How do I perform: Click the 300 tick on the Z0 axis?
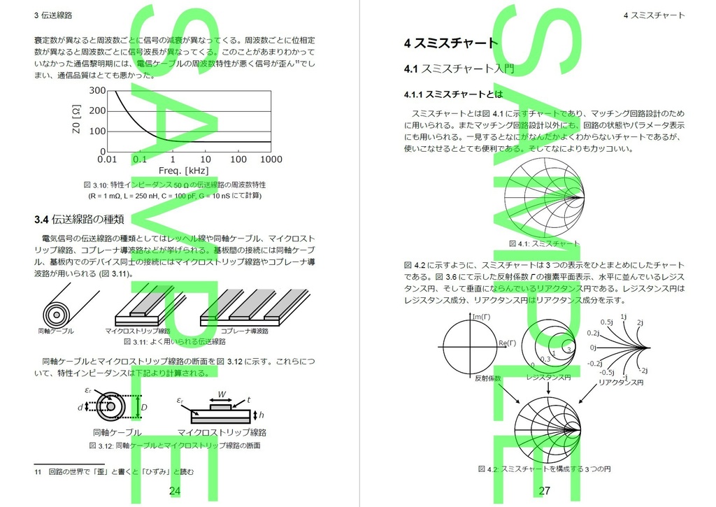click(x=96, y=90)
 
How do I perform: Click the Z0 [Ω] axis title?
click(x=77, y=120)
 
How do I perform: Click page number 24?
click(x=175, y=491)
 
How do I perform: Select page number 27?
click(x=545, y=491)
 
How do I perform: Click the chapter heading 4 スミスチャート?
click(x=451, y=43)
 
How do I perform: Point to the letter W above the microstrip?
click(x=222, y=393)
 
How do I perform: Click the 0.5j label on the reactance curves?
click(x=606, y=322)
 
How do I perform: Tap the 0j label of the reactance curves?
click(x=592, y=347)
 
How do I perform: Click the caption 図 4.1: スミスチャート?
click(x=544, y=244)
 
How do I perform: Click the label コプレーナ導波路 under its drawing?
click(x=245, y=331)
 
